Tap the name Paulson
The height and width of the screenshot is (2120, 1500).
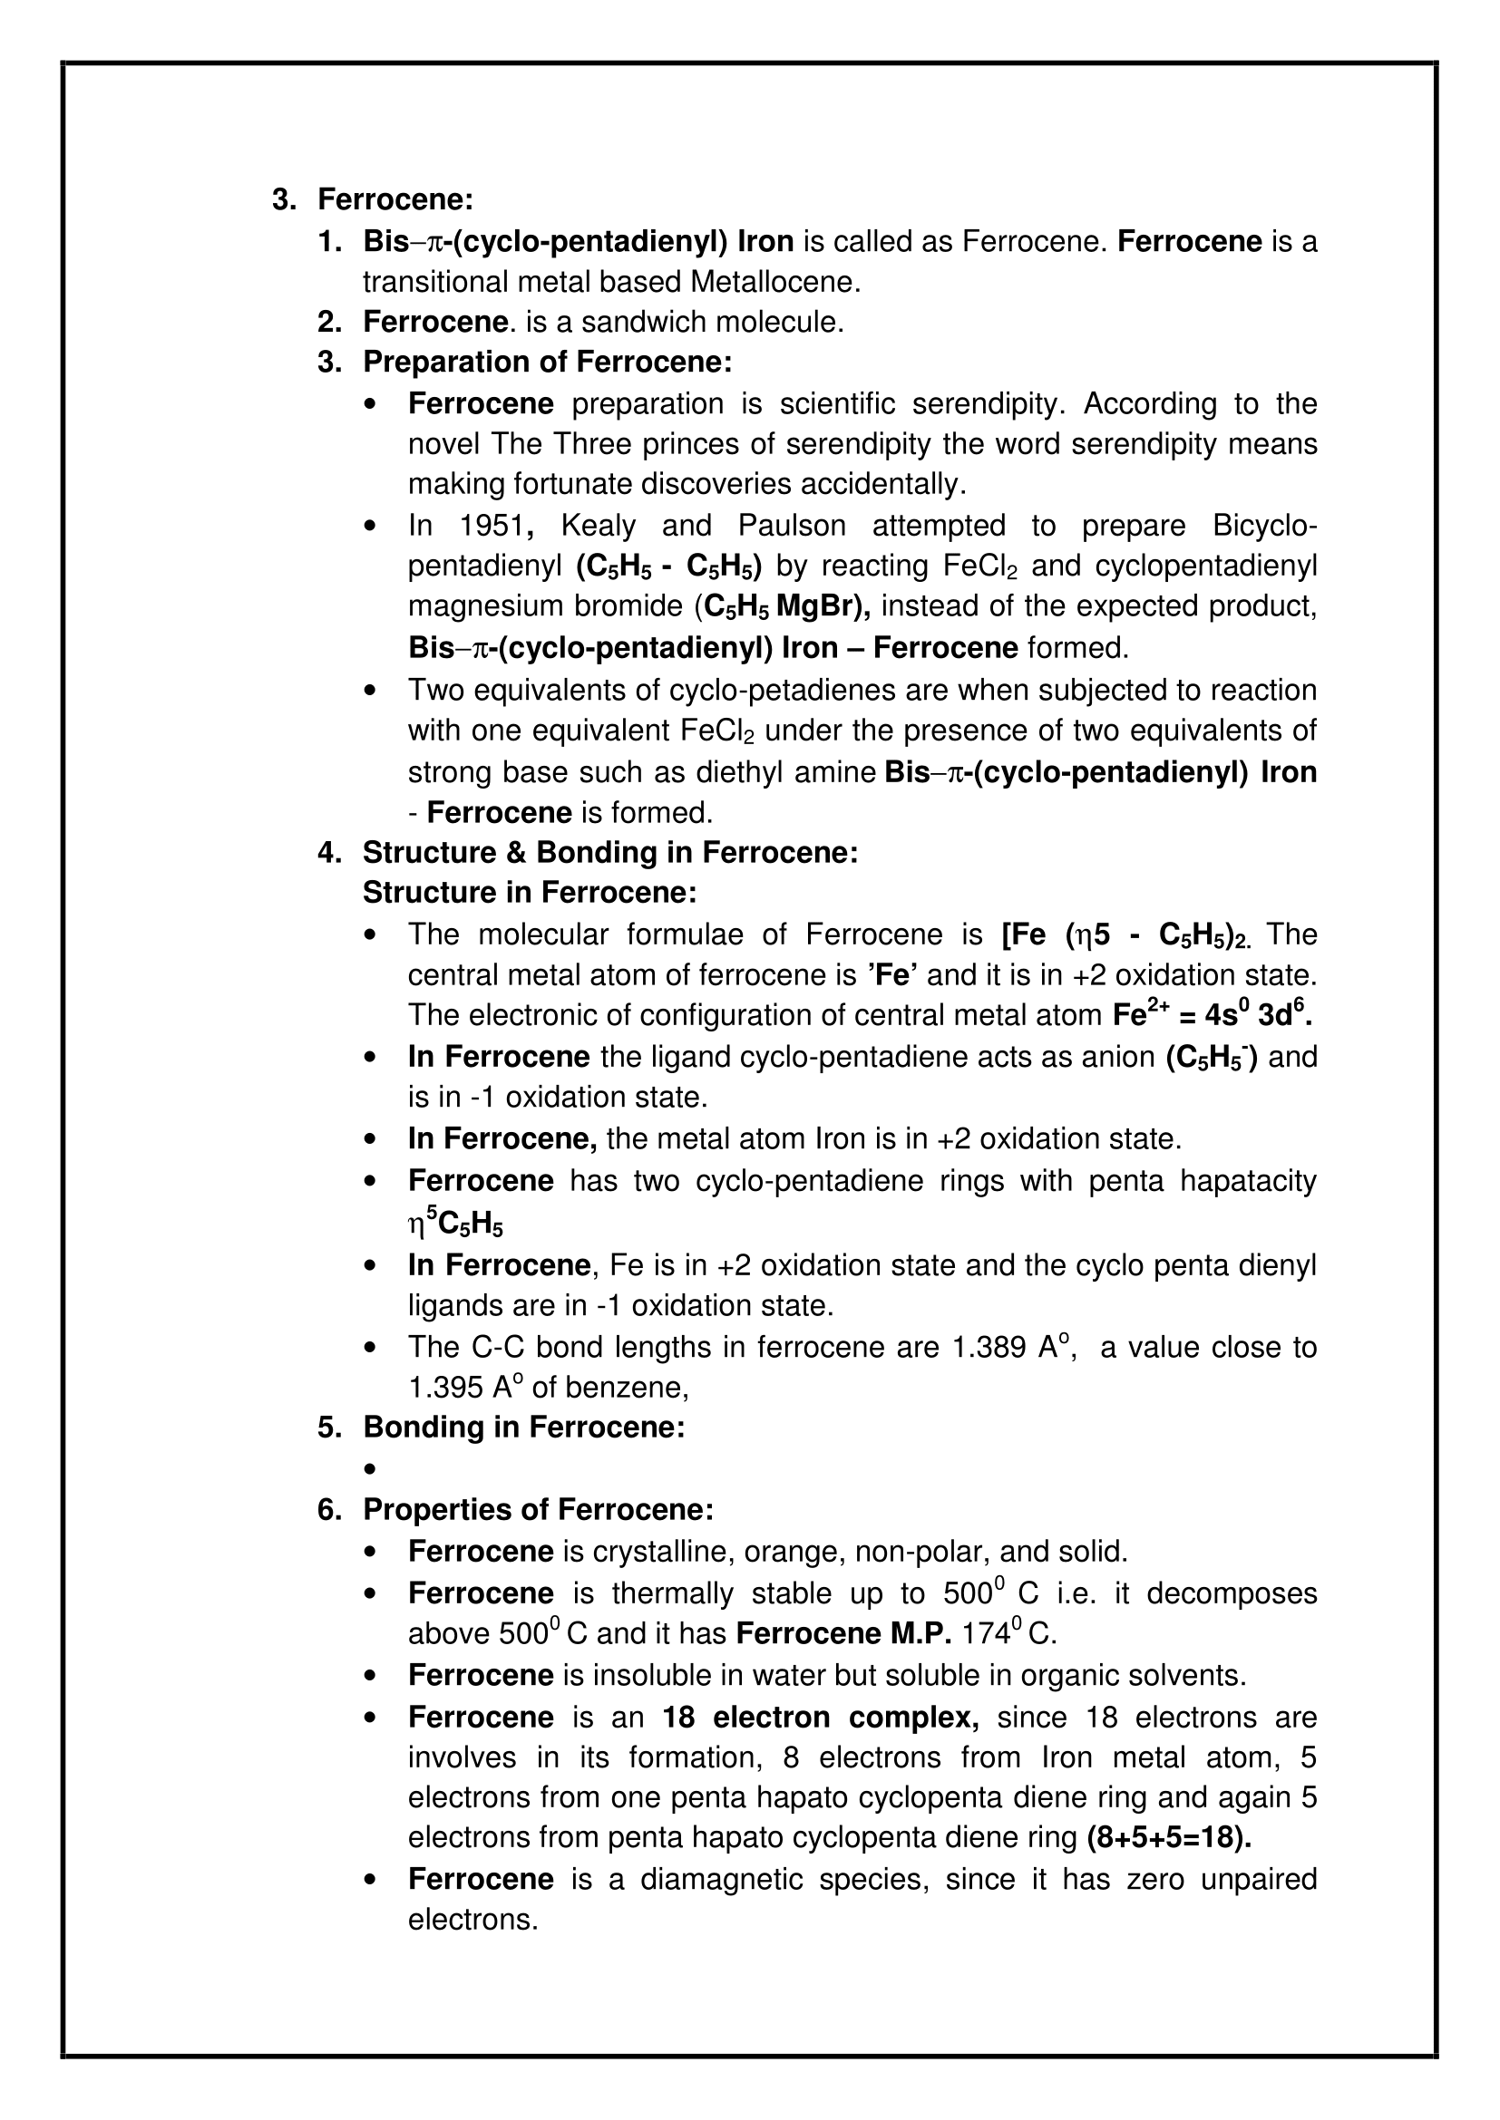(x=792, y=526)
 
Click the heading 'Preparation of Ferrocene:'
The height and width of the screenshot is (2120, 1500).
(x=547, y=362)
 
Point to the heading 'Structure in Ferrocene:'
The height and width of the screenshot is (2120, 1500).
(x=530, y=893)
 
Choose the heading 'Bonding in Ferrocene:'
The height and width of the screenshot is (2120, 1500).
(x=523, y=1427)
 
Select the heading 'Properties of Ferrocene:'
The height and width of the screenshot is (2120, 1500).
(x=538, y=1510)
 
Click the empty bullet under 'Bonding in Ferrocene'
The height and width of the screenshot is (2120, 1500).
(x=371, y=1469)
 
